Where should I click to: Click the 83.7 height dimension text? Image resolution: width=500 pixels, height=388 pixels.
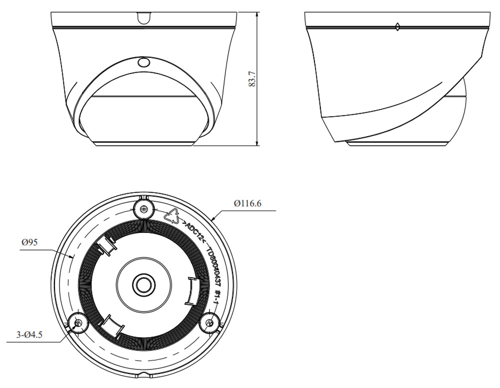tap(252, 79)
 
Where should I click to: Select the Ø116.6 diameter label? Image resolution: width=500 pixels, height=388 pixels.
tap(247, 203)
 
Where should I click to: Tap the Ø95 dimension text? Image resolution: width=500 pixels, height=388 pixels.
tap(29, 242)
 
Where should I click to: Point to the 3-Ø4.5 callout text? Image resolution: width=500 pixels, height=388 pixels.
tap(29, 335)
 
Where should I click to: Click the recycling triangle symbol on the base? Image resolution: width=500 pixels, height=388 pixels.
tap(172, 216)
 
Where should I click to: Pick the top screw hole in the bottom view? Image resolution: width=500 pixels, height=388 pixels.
tap(144, 209)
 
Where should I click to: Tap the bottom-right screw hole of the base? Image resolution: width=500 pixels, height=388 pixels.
tap(209, 323)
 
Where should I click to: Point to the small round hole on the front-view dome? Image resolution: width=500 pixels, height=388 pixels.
tap(143, 63)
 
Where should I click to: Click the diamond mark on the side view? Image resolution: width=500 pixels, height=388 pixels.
tap(397, 27)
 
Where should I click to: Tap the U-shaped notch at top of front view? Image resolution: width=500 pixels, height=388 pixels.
tap(144, 18)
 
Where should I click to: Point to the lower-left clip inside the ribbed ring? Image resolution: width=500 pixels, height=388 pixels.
tap(111, 326)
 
